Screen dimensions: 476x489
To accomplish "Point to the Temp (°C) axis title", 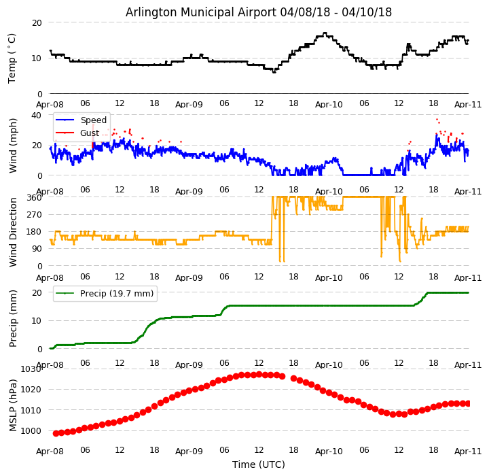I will tap(12, 58).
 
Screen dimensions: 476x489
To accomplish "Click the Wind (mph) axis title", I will tap(13, 145).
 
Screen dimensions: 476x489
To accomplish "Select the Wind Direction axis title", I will tap(13, 231).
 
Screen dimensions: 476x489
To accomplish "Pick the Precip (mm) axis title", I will tap(13, 318).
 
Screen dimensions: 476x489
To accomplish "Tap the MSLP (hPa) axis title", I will tap(13, 405).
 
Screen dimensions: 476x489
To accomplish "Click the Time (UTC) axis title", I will tap(259, 464).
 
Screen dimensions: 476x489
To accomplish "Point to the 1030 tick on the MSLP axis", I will tap(31, 369).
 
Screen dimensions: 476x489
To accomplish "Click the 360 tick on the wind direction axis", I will tap(35, 198).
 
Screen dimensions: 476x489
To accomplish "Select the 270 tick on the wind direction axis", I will tap(35, 215).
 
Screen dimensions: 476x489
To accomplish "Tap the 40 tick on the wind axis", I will tap(37, 116).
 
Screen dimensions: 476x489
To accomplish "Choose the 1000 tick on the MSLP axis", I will tap(31, 431).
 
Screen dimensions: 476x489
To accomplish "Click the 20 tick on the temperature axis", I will tap(37, 23).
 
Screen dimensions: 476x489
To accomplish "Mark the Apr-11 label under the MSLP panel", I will tap(469, 451).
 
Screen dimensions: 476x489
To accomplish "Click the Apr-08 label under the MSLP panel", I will tap(50, 451).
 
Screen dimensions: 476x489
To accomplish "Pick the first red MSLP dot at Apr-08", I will tap(56, 433).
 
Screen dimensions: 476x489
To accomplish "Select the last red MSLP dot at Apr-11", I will tap(468, 403).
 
